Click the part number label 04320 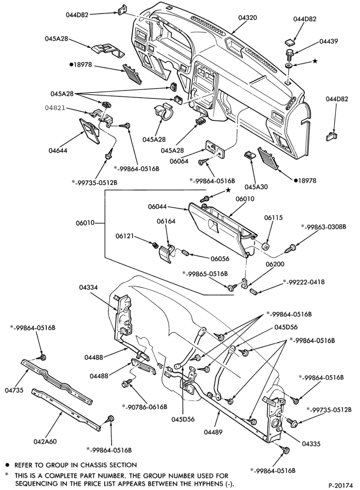pyautogui.click(x=248, y=18)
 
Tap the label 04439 pyautogui.click(x=329, y=41)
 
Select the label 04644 pyautogui.click(x=58, y=151)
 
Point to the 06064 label pyautogui.click(x=179, y=161)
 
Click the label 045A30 pyautogui.click(x=256, y=187)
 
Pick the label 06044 pyautogui.click(x=157, y=207)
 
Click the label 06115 pyautogui.click(x=274, y=217)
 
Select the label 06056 pyautogui.click(x=220, y=259)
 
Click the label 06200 pyautogui.click(x=275, y=264)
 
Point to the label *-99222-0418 pyautogui.click(x=303, y=282)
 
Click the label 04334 pyautogui.click(x=88, y=287)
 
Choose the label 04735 pyautogui.click(x=14, y=390)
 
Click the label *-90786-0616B pyautogui.click(x=145, y=406)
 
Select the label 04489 pyautogui.click(x=213, y=432)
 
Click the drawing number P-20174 pyautogui.click(x=340, y=485)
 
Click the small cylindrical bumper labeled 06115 pyautogui.click(x=266, y=246)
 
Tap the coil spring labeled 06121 pyautogui.click(x=154, y=245)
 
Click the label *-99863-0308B pyautogui.click(x=324, y=227)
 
